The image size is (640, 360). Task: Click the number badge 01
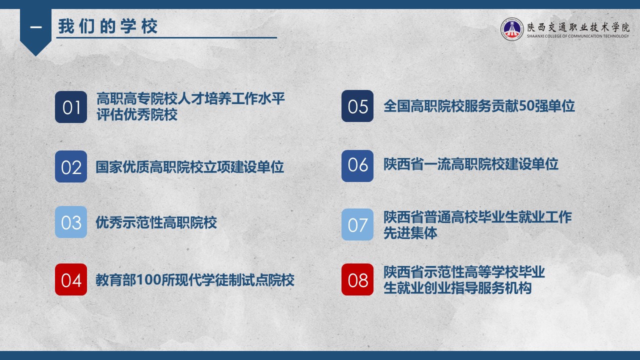(x=71, y=107)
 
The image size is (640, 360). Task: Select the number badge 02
(x=71, y=166)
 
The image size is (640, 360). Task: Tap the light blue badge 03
(x=71, y=222)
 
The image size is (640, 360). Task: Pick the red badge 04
(x=71, y=279)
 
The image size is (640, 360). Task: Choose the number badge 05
(x=357, y=106)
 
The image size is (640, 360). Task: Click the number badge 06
(x=357, y=166)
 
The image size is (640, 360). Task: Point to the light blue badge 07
(x=357, y=224)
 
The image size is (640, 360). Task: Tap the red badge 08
(x=357, y=279)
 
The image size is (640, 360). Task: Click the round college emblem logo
(x=511, y=29)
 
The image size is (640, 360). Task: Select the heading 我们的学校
(x=107, y=26)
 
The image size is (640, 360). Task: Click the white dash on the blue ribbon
(x=35, y=27)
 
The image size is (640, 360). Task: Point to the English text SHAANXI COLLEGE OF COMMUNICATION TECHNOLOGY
(x=577, y=36)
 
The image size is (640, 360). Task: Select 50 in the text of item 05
(x=526, y=106)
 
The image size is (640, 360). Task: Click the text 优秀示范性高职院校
(x=156, y=222)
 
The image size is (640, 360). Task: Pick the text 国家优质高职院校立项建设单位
(x=189, y=167)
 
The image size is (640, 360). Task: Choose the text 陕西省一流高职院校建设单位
(x=471, y=164)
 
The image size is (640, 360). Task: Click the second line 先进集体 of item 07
(x=410, y=233)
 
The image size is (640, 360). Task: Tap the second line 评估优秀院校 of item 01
(x=137, y=115)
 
